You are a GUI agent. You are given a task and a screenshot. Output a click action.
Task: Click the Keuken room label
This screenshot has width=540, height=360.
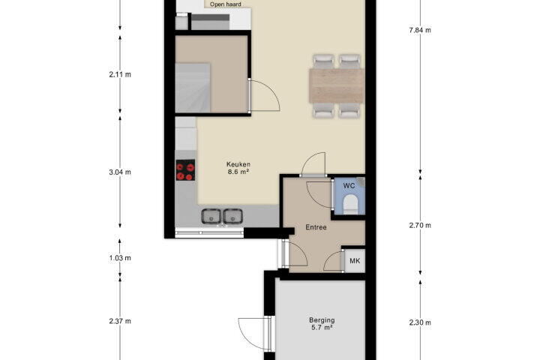click(238, 164)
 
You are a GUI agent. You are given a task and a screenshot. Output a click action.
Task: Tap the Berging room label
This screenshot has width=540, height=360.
click(322, 320)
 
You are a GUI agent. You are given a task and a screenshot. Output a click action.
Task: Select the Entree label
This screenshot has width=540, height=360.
click(316, 227)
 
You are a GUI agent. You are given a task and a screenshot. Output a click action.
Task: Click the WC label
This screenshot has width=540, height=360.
click(349, 186)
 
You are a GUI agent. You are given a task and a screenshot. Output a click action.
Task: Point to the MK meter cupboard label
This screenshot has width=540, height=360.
click(355, 261)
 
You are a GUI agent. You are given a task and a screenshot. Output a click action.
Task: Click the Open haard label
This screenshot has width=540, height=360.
click(226, 4)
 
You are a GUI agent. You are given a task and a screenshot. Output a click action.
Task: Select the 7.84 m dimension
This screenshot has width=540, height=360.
click(420, 30)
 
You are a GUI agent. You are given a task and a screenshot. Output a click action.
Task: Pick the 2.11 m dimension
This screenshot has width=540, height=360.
click(120, 74)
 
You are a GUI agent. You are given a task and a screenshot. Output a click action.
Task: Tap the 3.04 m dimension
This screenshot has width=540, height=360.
click(120, 172)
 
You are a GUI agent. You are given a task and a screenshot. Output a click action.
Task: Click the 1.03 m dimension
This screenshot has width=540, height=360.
click(120, 258)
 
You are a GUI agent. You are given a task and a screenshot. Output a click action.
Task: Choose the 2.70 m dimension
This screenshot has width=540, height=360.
click(420, 226)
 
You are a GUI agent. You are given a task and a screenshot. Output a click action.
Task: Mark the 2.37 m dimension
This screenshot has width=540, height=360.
click(120, 321)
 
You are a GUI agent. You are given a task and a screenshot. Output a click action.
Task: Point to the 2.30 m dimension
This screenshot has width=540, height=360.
click(420, 322)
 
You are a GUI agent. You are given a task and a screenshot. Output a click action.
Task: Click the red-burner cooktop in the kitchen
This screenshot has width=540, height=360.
click(185, 170)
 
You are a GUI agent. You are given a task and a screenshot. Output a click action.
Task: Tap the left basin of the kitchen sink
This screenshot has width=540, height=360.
click(211, 217)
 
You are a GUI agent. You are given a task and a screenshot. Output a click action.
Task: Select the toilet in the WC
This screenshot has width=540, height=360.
click(350, 204)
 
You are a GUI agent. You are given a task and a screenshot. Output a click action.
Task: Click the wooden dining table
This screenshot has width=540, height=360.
click(337, 85)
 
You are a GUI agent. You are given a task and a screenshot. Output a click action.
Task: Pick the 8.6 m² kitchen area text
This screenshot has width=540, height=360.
click(238, 172)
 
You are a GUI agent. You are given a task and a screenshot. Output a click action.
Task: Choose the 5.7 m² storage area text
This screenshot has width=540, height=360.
click(322, 328)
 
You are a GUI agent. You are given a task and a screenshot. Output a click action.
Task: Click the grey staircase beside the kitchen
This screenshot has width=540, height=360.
click(193, 88)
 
